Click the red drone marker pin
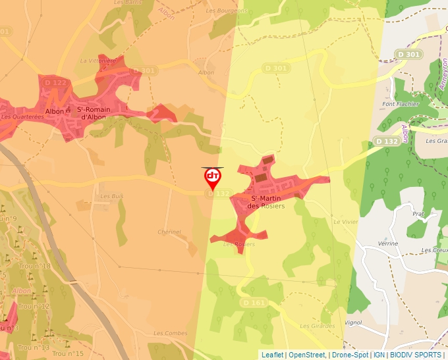pyautogui.click(x=212, y=178)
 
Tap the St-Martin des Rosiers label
pyautogui.click(x=266, y=202)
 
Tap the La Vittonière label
pyautogui.click(x=98, y=61)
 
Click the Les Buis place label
pyautogui.click(x=111, y=196)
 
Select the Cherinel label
pyautogui.click(x=169, y=232)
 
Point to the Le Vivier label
pyautogui.click(x=345, y=222)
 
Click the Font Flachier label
pyautogui.click(x=401, y=104)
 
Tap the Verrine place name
pyautogui.click(x=388, y=244)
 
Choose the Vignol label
pyautogui.click(x=353, y=323)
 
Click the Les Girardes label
pyautogui.click(x=317, y=326)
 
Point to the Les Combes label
pyautogui.click(x=170, y=334)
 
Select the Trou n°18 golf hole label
pyautogui.click(x=35, y=266)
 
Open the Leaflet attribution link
pyautogui.click(x=272, y=355)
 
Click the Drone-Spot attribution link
pyautogui.click(x=350, y=355)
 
